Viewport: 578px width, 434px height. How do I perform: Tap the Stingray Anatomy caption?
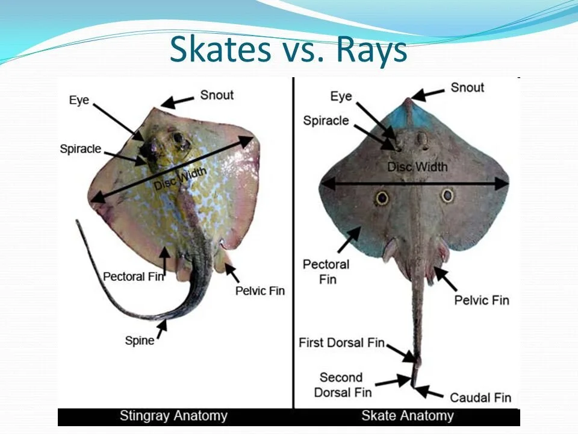click(173, 415)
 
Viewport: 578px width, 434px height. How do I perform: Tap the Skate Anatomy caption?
click(407, 415)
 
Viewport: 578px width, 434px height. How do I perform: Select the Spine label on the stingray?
click(139, 341)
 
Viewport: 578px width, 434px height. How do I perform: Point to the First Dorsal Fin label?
click(341, 342)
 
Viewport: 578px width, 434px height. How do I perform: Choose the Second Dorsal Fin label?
click(341, 385)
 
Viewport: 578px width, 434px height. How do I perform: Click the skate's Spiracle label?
click(326, 121)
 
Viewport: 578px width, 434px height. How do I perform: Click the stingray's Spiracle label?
click(80, 148)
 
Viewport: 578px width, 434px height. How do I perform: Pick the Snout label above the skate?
click(467, 87)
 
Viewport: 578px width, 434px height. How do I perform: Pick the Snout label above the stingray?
click(217, 95)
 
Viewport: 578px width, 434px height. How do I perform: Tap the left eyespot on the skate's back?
click(382, 197)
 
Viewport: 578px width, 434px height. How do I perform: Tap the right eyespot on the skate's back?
click(447, 195)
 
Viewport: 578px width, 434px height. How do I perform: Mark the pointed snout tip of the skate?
click(409, 99)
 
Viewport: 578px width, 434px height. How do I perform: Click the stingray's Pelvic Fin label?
click(260, 291)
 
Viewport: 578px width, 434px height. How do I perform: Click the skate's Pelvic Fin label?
click(482, 300)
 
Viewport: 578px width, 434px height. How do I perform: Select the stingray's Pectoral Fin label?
click(133, 276)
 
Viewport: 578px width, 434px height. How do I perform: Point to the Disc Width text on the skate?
click(417, 166)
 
